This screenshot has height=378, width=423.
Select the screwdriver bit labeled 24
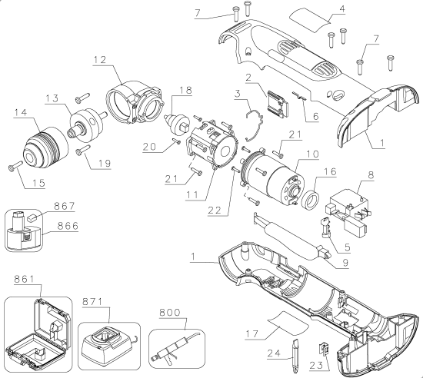point(295,350)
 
